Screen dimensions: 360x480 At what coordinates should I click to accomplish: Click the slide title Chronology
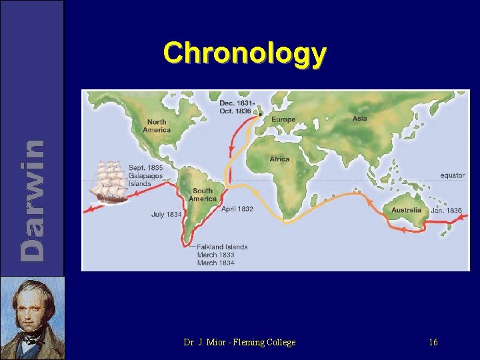[245, 53]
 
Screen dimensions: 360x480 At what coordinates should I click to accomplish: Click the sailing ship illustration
[108, 181]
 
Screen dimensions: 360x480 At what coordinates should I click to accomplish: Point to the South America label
[203, 195]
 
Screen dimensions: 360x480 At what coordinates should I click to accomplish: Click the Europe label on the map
[283, 119]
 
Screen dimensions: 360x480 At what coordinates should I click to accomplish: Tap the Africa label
[279, 159]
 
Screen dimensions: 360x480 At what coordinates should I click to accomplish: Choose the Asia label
[359, 119]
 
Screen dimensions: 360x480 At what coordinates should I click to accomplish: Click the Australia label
[406, 210]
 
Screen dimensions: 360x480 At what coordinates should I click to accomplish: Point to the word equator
[452, 175]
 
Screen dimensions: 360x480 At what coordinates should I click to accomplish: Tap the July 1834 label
[166, 215]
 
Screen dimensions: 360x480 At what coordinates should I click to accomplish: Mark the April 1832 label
[237, 209]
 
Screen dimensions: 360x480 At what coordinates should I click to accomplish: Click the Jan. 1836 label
[446, 210]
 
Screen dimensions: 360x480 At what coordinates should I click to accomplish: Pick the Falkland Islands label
[222, 247]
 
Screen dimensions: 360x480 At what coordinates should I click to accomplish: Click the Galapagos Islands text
[147, 179]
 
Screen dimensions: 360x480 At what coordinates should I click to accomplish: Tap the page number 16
[433, 342]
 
